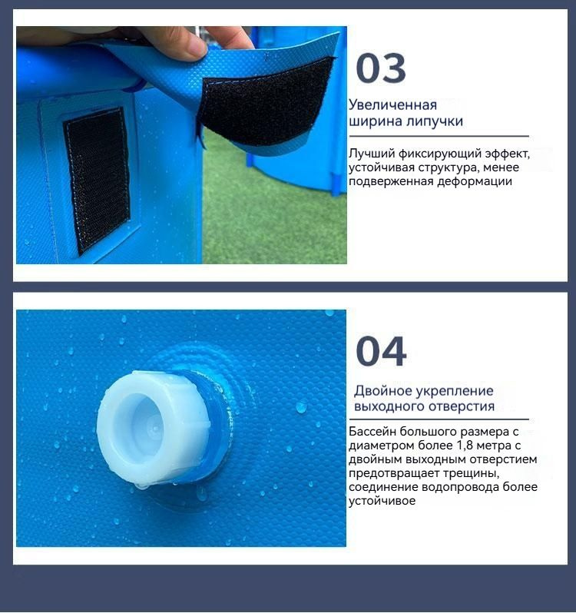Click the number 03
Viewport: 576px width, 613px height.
(381, 69)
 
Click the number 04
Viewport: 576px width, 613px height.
(381, 352)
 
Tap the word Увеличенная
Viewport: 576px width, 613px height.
(392, 105)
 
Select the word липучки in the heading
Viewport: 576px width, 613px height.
(435, 121)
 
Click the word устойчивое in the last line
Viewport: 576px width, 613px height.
(382, 501)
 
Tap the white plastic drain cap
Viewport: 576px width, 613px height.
(153, 429)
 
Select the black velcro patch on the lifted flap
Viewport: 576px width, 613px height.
(266, 102)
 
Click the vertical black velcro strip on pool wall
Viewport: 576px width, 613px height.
(97, 181)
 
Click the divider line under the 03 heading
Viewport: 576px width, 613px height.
(439, 136)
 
